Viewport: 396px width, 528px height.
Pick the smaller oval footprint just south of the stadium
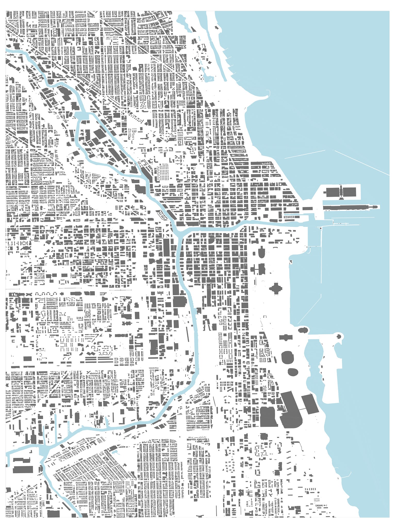(x=292, y=372)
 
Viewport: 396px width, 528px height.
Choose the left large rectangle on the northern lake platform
(x=333, y=192)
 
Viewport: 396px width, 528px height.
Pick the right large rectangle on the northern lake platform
(x=349, y=192)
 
